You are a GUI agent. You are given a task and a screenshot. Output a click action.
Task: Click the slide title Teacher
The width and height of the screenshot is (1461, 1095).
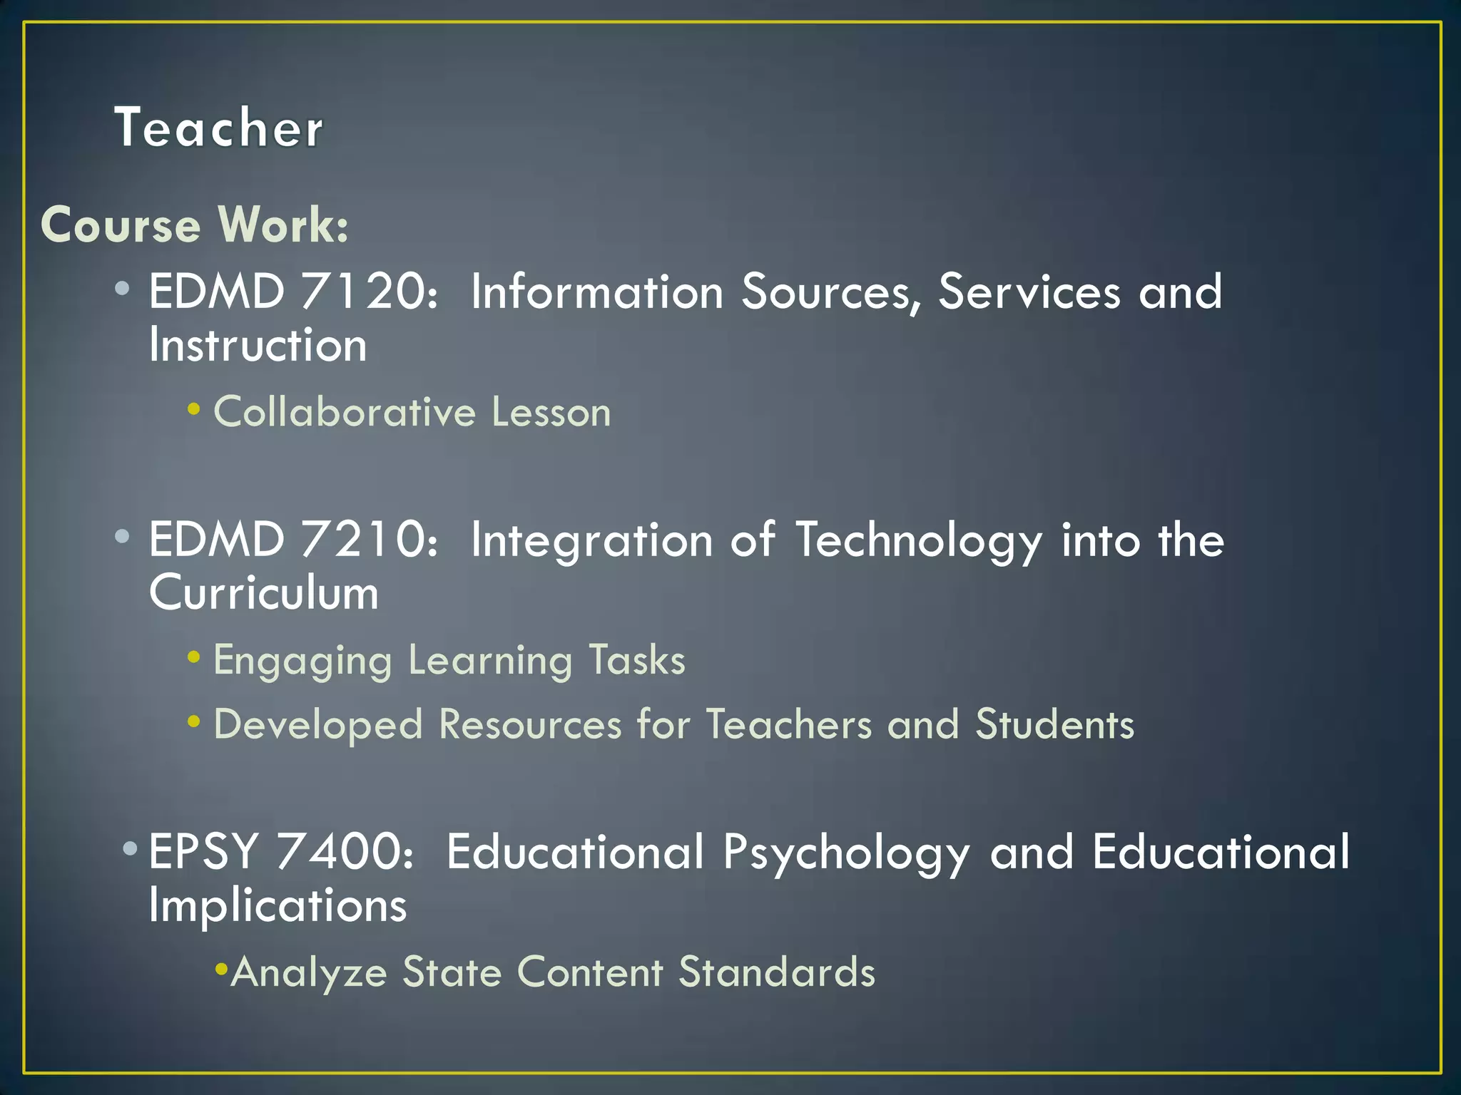pyautogui.click(x=218, y=128)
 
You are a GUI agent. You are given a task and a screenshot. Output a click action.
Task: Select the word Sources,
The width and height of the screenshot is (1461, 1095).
pyautogui.click(x=830, y=292)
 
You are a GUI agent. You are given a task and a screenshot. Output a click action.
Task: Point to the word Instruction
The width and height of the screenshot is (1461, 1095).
pyautogui.click(x=258, y=346)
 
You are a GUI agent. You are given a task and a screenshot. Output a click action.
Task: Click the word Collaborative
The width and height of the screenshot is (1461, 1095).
pyautogui.click(x=345, y=413)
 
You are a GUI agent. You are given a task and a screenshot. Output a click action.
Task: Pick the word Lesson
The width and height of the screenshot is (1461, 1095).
pyautogui.click(x=551, y=413)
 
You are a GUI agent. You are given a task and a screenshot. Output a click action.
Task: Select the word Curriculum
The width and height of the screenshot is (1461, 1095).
pyautogui.click(x=264, y=593)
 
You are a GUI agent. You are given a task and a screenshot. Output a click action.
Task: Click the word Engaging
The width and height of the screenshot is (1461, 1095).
pyautogui.click(x=302, y=661)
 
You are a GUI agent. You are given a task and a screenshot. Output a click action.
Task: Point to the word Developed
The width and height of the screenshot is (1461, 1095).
pyautogui.click(x=318, y=725)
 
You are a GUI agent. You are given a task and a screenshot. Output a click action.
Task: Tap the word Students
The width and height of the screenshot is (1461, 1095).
pyautogui.click(x=1054, y=725)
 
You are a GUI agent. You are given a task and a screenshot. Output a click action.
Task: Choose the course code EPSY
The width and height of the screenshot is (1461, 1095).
pyautogui.click(x=203, y=852)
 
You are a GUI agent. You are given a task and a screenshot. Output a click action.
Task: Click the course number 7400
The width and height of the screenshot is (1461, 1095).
pyautogui.click(x=345, y=852)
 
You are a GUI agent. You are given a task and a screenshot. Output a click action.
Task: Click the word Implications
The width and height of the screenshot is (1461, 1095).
pyautogui.click(x=278, y=906)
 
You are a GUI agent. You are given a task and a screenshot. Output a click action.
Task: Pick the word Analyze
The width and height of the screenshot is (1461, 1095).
pyautogui.click(x=308, y=972)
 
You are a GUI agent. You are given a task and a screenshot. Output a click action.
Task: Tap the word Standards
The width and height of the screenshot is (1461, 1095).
pyautogui.click(x=777, y=972)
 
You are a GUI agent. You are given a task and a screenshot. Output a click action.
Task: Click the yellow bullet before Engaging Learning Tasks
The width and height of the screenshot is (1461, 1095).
pyautogui.click(x=194, y=657)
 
